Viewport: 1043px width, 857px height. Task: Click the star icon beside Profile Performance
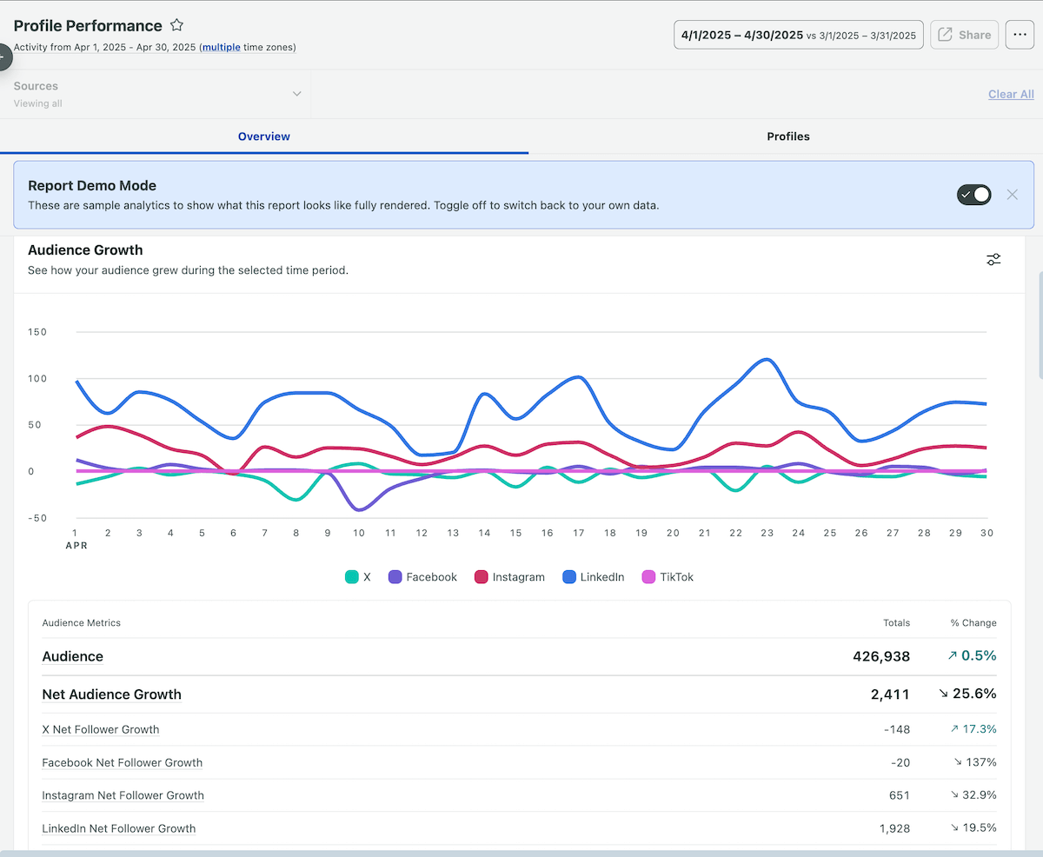click(176, 25)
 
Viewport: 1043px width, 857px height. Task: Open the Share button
click(964, 35)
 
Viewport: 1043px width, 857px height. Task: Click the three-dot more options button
click(1020, 35)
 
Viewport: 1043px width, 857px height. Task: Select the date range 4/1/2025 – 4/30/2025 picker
click(798, 35)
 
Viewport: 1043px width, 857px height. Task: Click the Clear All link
click(1011, 94)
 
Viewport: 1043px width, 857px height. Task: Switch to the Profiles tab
click(787, 136)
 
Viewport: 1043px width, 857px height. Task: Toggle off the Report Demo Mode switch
click(973, 195)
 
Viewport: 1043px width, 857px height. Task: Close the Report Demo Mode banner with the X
click(1012, 195)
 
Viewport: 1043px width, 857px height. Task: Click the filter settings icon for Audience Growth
click(993, 259)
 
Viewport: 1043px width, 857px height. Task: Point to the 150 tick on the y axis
click(37, 332)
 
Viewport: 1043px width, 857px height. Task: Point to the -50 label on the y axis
click(37, 518)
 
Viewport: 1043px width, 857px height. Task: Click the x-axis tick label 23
click(767, 533)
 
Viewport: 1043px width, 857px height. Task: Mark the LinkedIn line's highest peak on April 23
click(766, 359)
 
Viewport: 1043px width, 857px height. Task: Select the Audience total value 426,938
click(880, 656)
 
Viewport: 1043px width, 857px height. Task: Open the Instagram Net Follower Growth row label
click(123, 795)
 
